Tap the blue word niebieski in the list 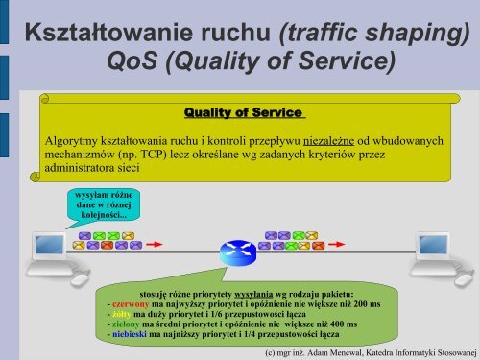coord(132,336)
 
